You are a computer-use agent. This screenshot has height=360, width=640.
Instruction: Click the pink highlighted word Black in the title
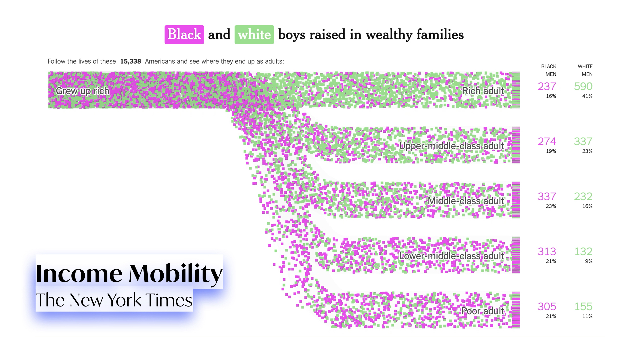[x=184, y=35]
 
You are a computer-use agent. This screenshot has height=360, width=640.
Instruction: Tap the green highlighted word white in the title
[x=254, y=35]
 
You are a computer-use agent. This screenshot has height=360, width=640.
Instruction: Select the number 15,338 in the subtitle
[x=130, y=61]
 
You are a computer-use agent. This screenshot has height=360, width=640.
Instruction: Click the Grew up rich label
[x=82, y=91]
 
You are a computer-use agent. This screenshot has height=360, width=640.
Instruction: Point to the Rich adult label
[x=483, y=91]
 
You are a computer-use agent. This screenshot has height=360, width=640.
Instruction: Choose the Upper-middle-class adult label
[x=451, y=146]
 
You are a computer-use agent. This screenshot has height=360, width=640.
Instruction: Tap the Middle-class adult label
[x=466, y=201]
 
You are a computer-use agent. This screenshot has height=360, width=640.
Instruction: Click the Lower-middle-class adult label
[x=451, y=256]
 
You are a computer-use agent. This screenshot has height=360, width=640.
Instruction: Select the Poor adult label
[x=482, y=311]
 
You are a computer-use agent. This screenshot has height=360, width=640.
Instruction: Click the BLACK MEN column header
[x=549, y=70]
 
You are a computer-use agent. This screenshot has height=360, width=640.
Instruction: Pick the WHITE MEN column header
[x=585, y=70]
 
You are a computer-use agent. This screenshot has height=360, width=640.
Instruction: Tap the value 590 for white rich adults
[x=583, y=86]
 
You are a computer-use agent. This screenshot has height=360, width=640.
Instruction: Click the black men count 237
[x=547, y=86]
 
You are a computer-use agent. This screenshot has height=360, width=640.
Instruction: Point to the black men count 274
[x=547, y=141]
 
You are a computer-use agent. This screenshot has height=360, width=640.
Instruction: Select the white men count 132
[x=583, y=251]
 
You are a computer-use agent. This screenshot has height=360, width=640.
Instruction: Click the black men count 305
[x=547, y=306]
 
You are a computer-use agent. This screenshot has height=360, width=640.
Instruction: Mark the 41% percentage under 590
[x=587, y=96]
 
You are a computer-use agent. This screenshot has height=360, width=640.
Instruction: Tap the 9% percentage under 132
[x=588, y=261]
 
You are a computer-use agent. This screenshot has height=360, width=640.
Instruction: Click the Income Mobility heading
[x=129, y=273]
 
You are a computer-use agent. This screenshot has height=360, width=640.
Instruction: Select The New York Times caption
[x=114, y=300]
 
